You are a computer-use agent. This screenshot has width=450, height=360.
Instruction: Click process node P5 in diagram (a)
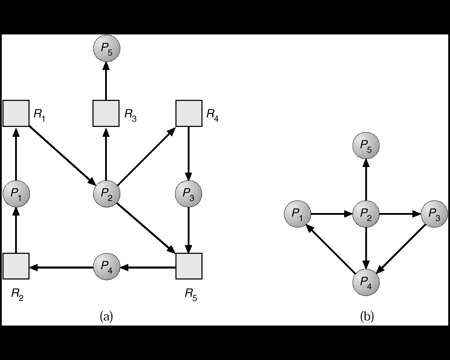coord(107,48)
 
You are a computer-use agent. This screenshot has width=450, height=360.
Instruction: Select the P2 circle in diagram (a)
coord(107,193)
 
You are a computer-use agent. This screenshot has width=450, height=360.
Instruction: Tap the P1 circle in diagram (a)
coord(16,193)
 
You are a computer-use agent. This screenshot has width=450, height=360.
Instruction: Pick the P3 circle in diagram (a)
coord(188,193)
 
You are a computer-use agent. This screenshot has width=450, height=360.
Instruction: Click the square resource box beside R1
coord(16,113)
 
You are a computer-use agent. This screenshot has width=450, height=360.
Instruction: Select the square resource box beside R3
coord(106,113)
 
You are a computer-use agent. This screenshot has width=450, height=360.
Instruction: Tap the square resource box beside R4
coord(189,113)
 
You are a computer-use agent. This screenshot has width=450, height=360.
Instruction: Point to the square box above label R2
coord(16,266)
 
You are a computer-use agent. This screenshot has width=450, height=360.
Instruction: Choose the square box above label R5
coord(189,266)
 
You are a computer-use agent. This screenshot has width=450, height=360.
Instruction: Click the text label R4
coord(212,115)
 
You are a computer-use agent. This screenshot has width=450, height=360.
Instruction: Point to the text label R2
coord(18,294)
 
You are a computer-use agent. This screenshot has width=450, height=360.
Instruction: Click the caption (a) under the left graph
coord(107,316)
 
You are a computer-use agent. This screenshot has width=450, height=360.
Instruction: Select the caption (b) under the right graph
coord(367,316)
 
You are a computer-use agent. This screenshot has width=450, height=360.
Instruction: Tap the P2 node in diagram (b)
coord(366,214)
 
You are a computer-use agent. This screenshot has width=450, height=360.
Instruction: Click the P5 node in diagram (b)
coord(366,146)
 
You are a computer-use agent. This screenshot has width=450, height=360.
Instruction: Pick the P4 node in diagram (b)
coord(366,282)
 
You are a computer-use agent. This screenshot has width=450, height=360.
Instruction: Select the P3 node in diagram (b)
coord(434,214)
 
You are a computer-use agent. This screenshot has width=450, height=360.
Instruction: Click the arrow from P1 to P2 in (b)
coord(332,214)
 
